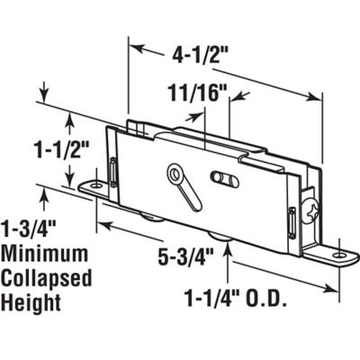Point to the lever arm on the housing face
click(x=190, y=192)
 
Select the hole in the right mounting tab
click(x=339, y=256)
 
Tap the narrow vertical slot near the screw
click(x=293, y=220)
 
